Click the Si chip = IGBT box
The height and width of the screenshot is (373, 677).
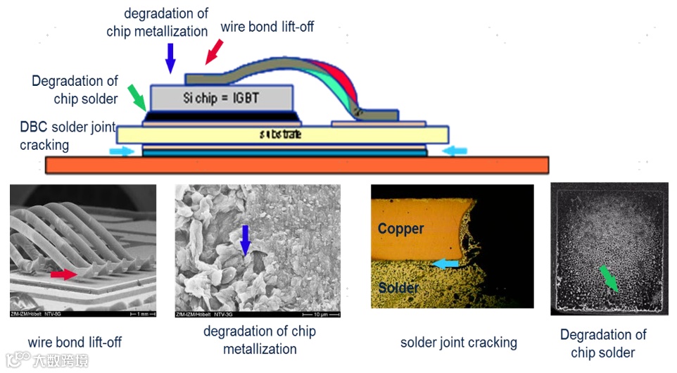221,96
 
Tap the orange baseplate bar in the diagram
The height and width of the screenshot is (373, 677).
296,165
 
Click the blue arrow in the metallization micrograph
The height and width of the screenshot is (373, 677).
245,240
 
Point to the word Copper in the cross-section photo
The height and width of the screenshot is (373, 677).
400,229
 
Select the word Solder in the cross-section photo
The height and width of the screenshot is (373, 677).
399,288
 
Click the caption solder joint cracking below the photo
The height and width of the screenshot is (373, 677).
458,343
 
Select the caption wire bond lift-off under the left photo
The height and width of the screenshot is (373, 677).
75,342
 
